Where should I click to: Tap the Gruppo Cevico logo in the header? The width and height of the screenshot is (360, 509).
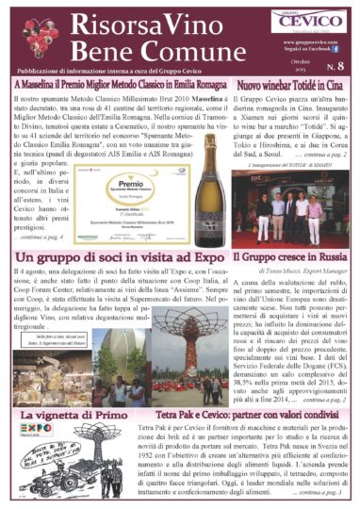321,20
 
